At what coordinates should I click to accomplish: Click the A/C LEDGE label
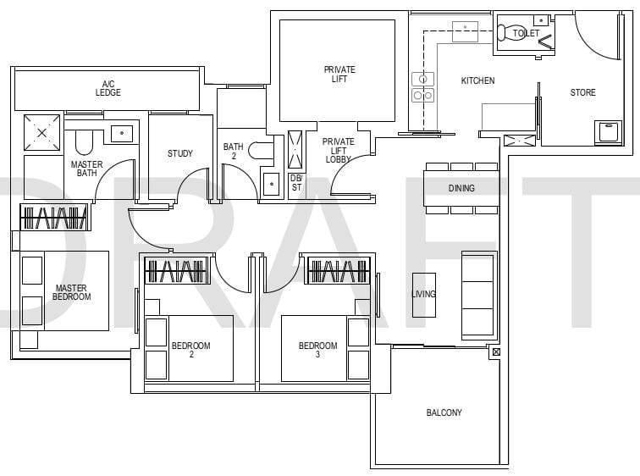coord(108,88)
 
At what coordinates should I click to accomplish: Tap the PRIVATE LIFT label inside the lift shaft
coord(339,75)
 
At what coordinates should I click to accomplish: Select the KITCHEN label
coord(477,80)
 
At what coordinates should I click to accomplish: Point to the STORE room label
coord(582,92)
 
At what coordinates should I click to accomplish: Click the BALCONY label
coord(444,412)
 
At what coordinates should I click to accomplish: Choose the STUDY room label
coord(180,153)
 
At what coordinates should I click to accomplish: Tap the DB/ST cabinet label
coord(296,183)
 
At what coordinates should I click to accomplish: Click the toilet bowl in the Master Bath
coord(84,142)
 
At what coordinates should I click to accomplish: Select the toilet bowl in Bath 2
coord(261,150)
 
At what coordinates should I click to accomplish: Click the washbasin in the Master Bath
coord(122,134)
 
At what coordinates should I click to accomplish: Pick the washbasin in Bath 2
coord(272,184)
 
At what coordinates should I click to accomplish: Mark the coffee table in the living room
coord(424,295)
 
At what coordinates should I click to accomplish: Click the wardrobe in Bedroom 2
coord(178,271)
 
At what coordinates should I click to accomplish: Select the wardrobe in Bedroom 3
coord(339,270)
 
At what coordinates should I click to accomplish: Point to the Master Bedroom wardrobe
coord(55,217)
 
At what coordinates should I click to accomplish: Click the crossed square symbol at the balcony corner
coord(495,351)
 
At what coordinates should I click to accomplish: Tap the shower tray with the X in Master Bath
coord(41,133)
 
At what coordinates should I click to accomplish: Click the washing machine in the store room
coord(608,132)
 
